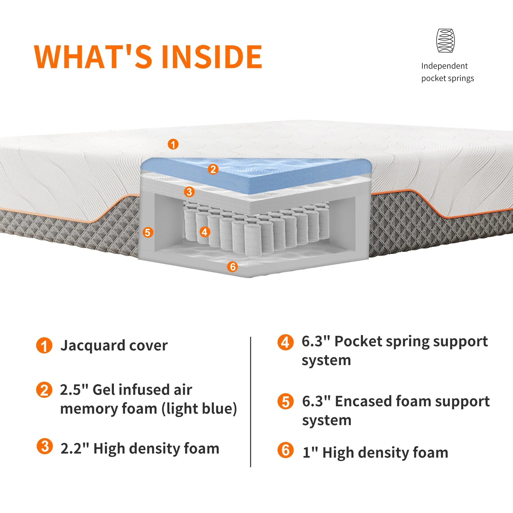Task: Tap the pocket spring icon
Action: pyautogui.click(x=446, y=41)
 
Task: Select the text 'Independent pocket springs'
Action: pyautogui.click(x=447, y=72)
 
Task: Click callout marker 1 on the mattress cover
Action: pyautogui.click(x=173, y=144)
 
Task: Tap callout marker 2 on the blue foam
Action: pyautogui.click(x=213, y=169)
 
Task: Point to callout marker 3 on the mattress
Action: pyautogui.click(x=189, y=191)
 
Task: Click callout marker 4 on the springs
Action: pyautogui.click(x=204, y=232)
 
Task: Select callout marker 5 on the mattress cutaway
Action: pyautogui.click(x=148, y=232)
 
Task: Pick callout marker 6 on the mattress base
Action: pyautogui.click(x=233, y=267)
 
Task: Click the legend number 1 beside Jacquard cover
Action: pyautogui.click(x=44, y=346)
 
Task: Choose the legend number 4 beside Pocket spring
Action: pyautogui.click(x=285, y=342)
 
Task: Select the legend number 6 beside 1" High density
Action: pyautogui.click(x=285, y=450)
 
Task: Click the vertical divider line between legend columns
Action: pyautogui.click(x=250, y=398)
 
